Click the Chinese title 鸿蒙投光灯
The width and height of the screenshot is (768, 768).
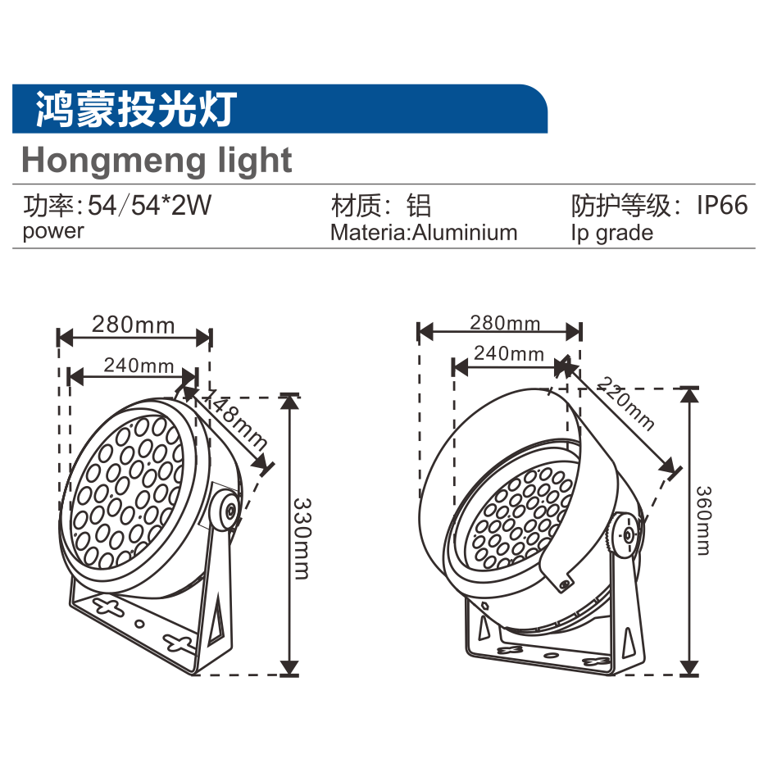136,108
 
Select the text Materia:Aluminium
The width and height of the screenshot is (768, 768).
424,233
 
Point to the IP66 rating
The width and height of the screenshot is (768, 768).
722,205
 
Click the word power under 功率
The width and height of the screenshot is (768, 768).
53,231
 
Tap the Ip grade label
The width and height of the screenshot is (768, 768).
611,233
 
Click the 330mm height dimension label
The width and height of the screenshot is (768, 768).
302,538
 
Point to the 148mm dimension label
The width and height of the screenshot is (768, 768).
234,420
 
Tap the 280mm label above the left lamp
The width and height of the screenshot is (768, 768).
133,325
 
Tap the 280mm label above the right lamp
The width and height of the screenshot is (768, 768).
505,322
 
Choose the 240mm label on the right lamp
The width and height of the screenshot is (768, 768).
509,354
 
